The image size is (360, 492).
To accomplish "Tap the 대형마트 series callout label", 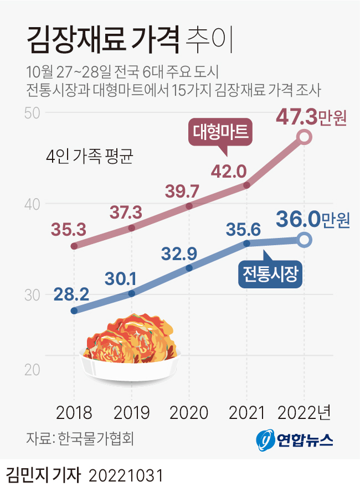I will point(222,132).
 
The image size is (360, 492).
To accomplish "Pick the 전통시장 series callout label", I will point(271,273).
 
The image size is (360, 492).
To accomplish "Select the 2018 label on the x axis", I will point(74,412).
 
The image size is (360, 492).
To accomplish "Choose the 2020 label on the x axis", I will point(189,412).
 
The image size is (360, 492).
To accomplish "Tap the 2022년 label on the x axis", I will point(304,412).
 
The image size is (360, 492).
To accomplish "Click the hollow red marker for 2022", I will point(304,138).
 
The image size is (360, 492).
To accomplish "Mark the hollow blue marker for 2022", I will point(304,240).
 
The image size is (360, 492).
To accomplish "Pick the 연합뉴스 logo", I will point(295,439).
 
